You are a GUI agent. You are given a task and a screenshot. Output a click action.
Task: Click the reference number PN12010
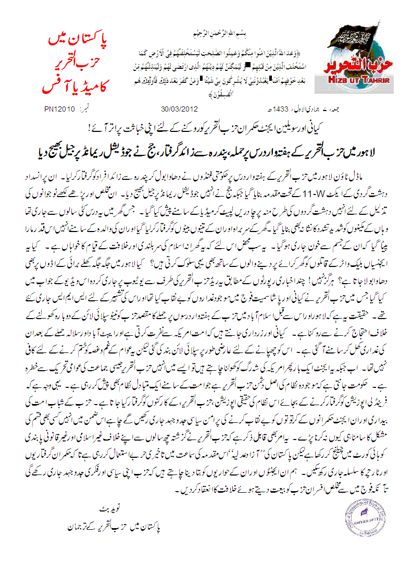pos(61,109)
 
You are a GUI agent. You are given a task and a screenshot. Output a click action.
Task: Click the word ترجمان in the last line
pos(76,527)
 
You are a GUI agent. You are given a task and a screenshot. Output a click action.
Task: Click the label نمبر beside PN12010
pos(85,109)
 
